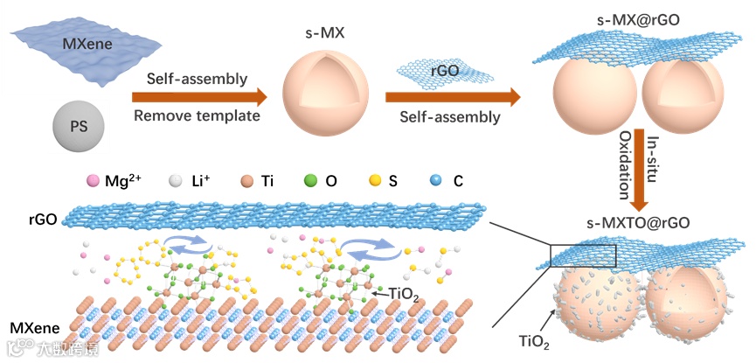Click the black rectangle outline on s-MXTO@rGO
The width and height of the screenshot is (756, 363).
(x=583, y=255)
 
